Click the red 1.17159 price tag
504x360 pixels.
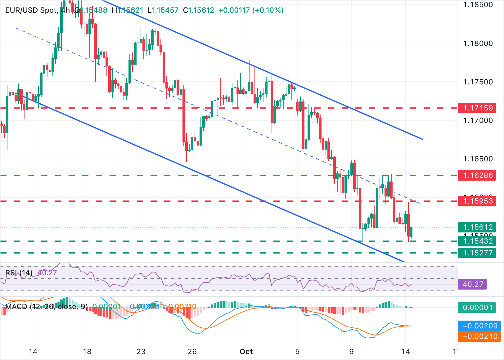(478, 108)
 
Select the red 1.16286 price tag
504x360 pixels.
(478, 175)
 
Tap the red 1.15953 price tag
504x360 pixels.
(478, 201)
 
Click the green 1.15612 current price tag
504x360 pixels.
(478, 227)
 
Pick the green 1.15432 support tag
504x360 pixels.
(478, 241)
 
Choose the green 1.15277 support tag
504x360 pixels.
(478, 253)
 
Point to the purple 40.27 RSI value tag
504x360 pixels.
(473, 284)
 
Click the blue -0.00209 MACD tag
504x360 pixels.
(480, 326)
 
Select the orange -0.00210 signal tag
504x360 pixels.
(480, 336)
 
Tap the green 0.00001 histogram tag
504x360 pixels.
(478, 308)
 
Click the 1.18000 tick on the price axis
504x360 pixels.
(478, 43)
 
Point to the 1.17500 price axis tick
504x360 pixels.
(478, 82)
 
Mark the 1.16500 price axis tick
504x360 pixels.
(478, 159)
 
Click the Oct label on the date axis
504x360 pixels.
(246, 352)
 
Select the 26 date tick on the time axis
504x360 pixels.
(192, 352)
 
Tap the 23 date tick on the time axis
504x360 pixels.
(141, 352)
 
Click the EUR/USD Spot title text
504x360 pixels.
(31, 10)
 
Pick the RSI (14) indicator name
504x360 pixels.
(19, 273)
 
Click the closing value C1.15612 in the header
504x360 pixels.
(199, 10)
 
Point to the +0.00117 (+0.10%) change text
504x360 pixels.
(251, 10)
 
